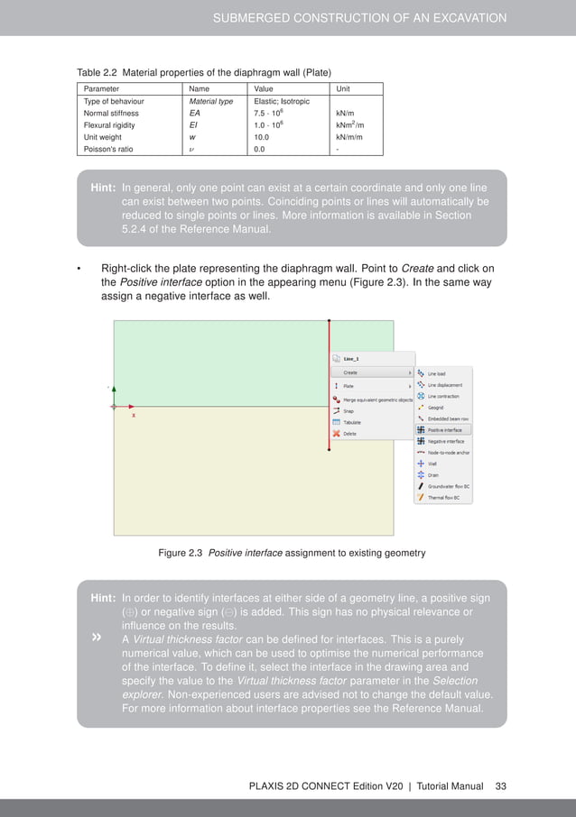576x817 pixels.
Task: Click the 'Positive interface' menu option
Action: click(445, 429)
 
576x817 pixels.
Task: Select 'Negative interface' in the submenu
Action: click(445, 441)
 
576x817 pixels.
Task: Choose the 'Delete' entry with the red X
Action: click(349, 434)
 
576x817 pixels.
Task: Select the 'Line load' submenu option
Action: click(436, 372)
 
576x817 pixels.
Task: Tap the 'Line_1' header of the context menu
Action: click(351, 358)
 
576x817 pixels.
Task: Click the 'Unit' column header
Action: click(343, 89)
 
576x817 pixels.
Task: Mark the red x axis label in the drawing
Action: click(135, 417)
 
